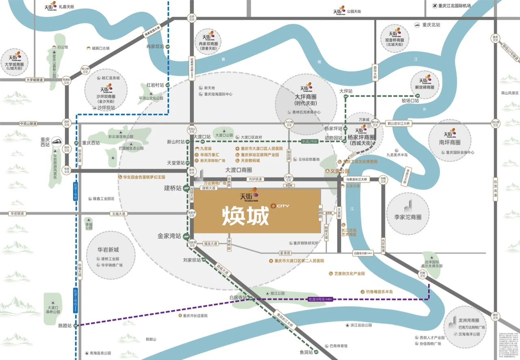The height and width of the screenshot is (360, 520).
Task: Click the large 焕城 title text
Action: click(245, 216)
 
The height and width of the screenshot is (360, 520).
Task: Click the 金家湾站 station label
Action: click(169, 236)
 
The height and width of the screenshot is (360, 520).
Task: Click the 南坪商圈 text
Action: click(450, 142)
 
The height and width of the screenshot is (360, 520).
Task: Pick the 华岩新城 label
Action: click(108, 250)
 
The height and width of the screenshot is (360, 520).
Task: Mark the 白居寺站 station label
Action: click(237, 297)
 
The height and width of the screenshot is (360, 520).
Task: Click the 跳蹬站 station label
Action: click(65, 326)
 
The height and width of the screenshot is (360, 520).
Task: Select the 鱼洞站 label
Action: click(304, 353)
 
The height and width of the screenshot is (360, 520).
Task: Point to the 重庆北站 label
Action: click(431, 25)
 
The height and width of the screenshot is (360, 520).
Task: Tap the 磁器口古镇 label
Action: click(100, 48)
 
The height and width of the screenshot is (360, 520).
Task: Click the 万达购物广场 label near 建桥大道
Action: click(214, 183)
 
